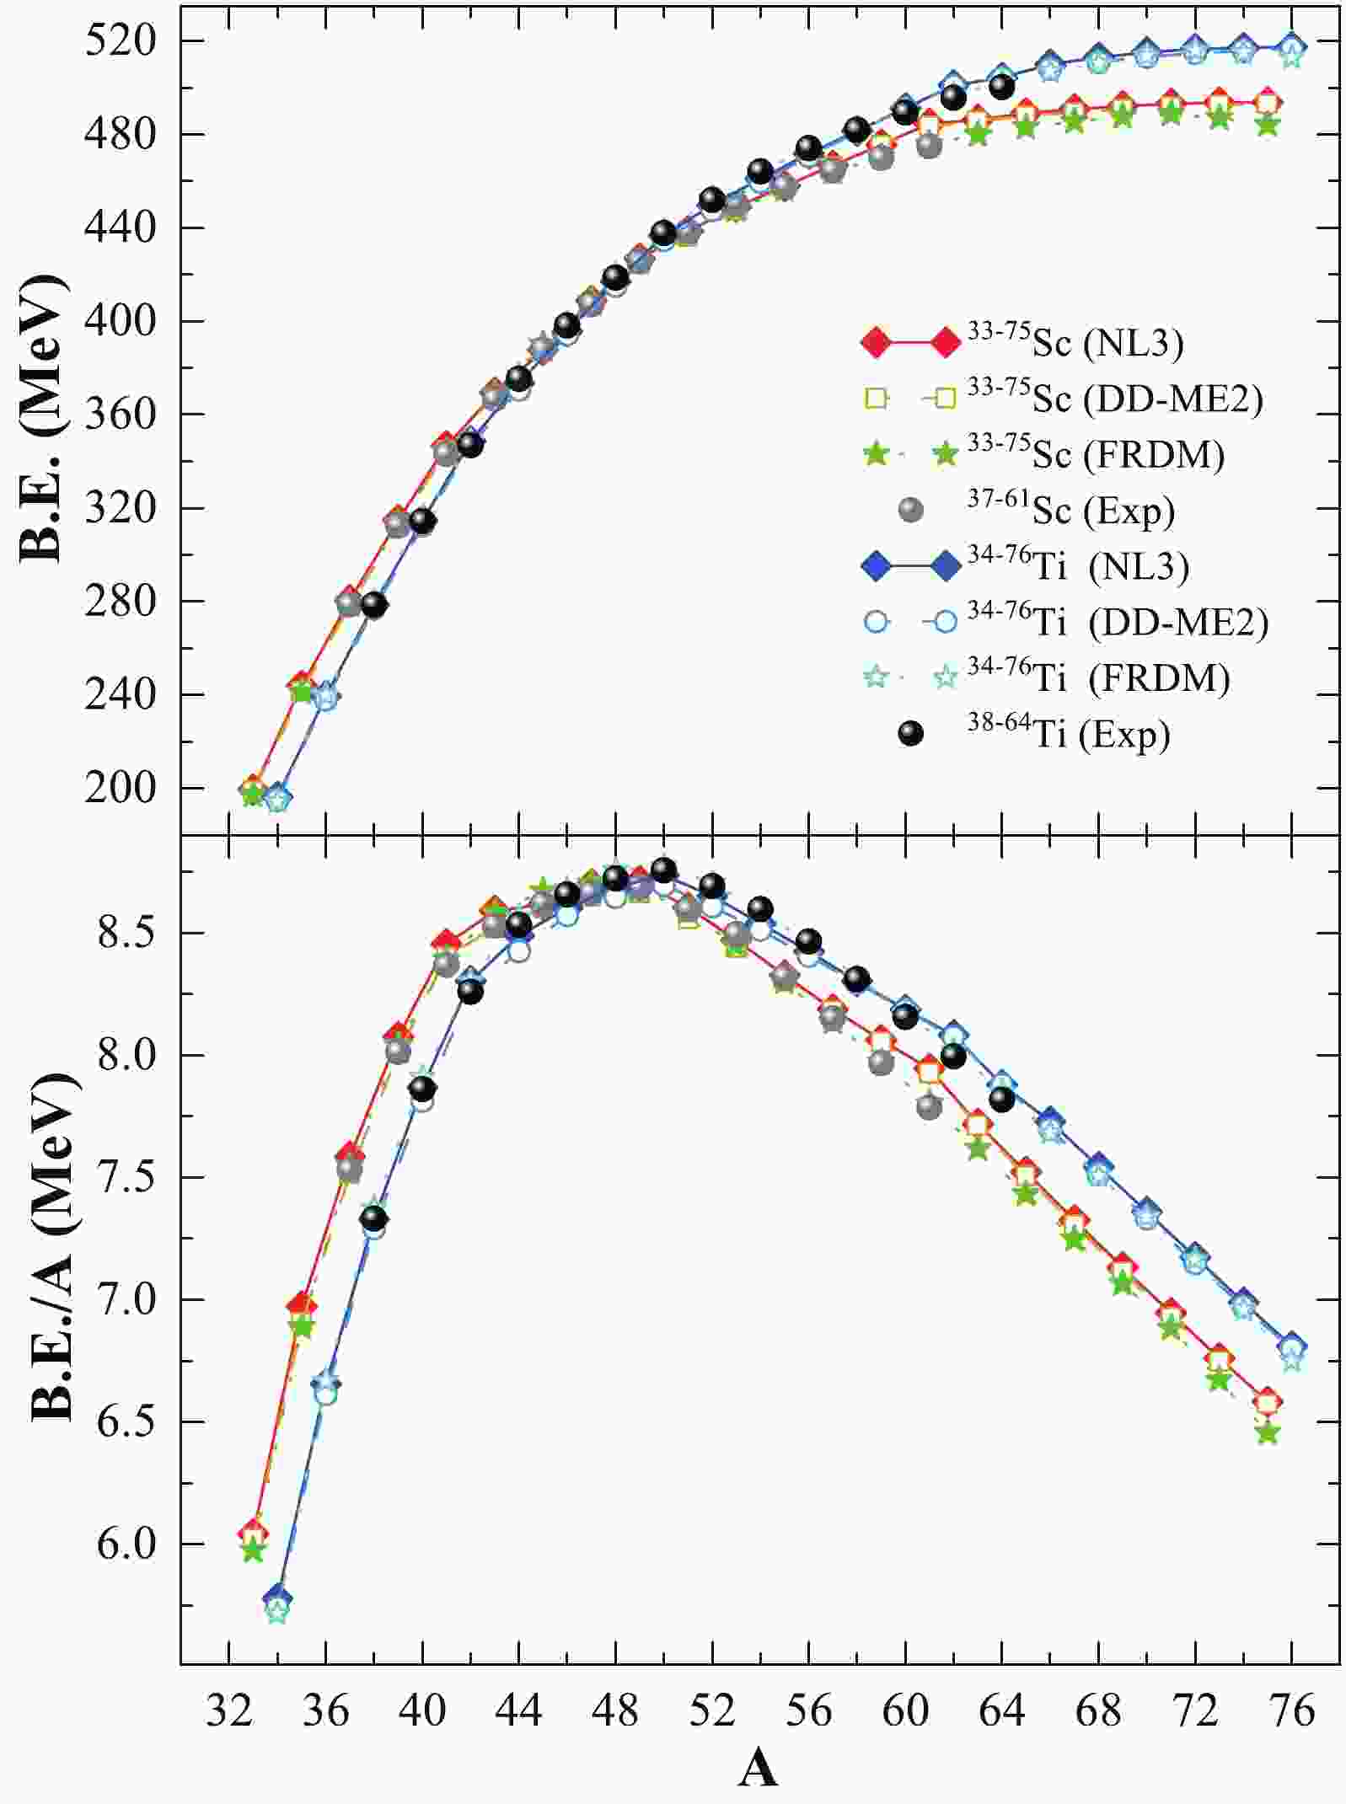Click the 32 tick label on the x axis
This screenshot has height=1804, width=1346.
click(229, 1711)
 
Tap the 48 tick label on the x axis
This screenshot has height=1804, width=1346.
click(615, 1711)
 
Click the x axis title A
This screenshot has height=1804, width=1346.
click(758, 1769)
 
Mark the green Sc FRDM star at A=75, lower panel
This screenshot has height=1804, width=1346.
click(1268, 1432)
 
